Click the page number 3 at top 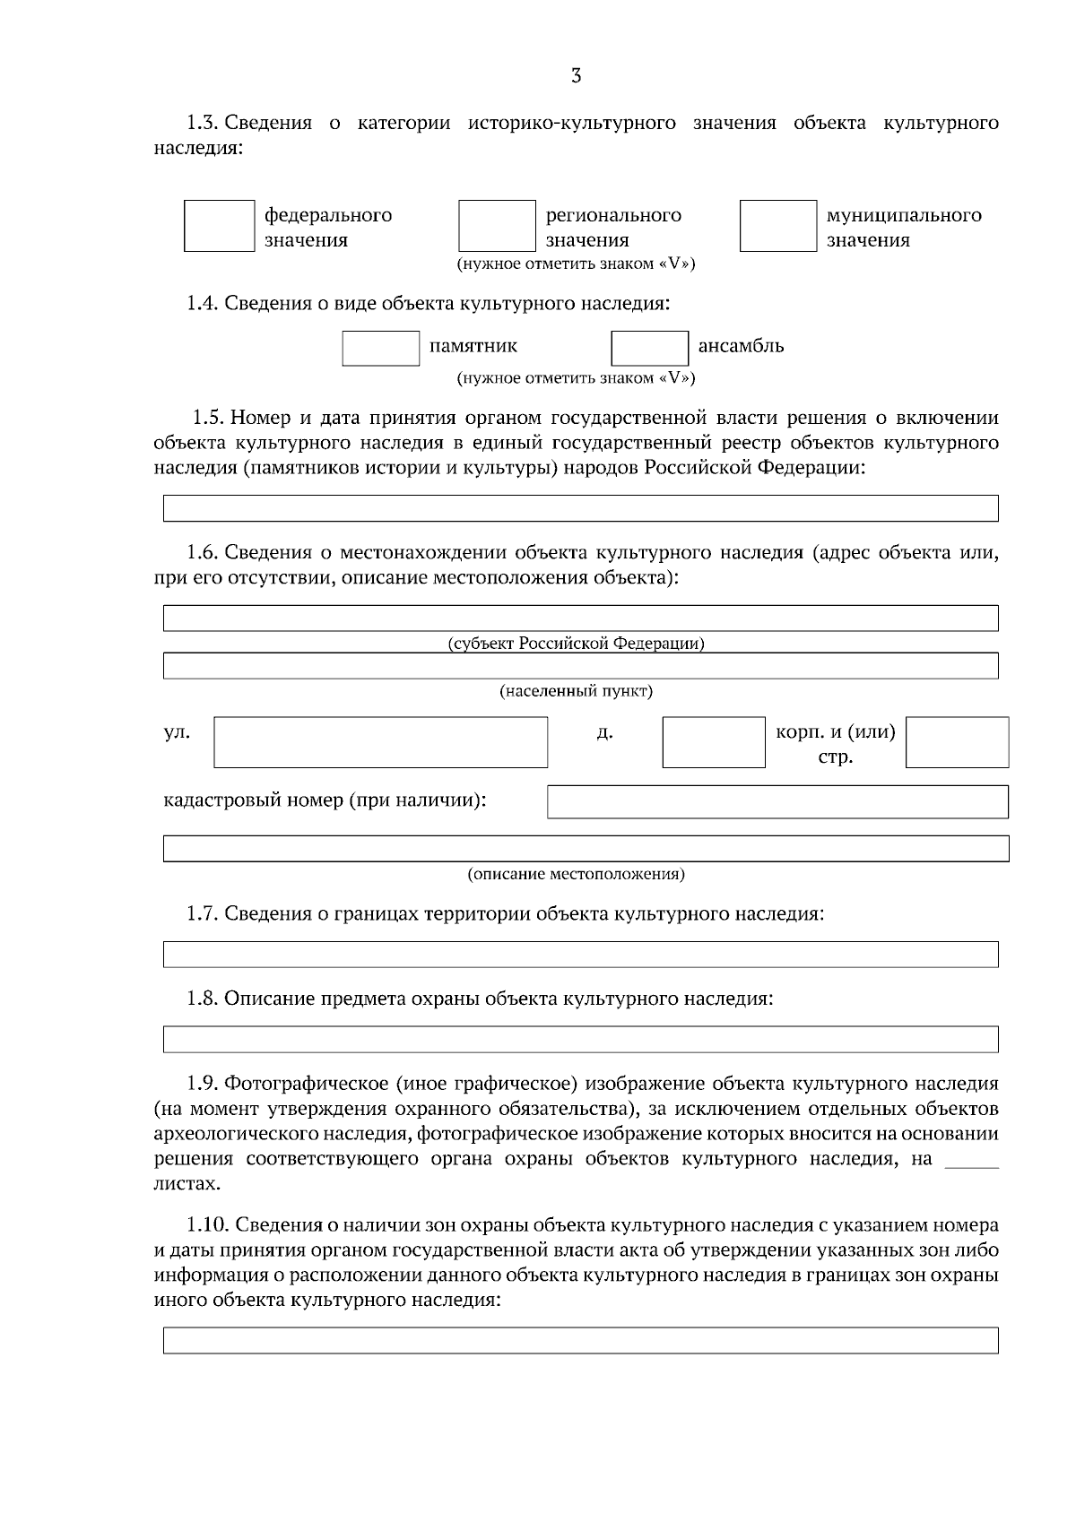pos(576,76)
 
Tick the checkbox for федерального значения pos(219,226)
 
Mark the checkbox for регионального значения pos(496,226)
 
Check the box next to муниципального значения pos(777,226)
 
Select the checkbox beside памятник pos(380,348)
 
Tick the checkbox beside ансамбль pos(649,348)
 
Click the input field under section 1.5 pos(580,508)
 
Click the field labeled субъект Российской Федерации pos(580,618)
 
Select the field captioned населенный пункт pos(580,665)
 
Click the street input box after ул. pos(380,741)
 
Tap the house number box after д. pos(714,741)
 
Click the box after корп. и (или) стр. pos(957,741)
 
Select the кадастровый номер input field pos(777,801)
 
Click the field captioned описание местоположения pos(586,848)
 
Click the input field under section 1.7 pos(580,954)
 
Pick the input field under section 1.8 pos(580,1039)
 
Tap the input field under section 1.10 pos(580,1340)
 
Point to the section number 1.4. pos(202,304)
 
